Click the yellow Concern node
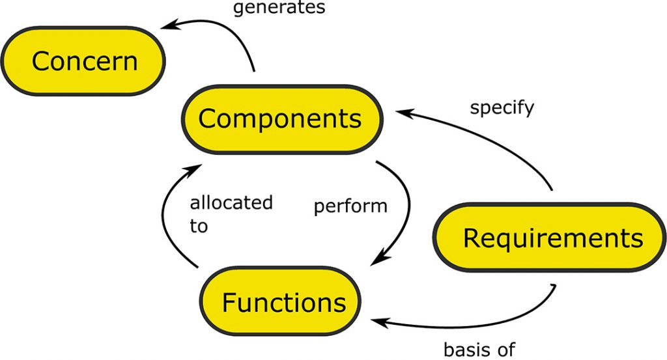coord(83,61)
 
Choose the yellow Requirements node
coord(552,238)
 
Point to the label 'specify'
coord(502,107)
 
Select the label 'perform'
coord(350,207)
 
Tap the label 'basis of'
coord(479,350)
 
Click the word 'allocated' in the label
coord(231,202)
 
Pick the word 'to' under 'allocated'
coord(199,226)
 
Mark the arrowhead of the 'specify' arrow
coord(404,113)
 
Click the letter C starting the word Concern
coord(42,62)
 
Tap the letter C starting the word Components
coord(208,120)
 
